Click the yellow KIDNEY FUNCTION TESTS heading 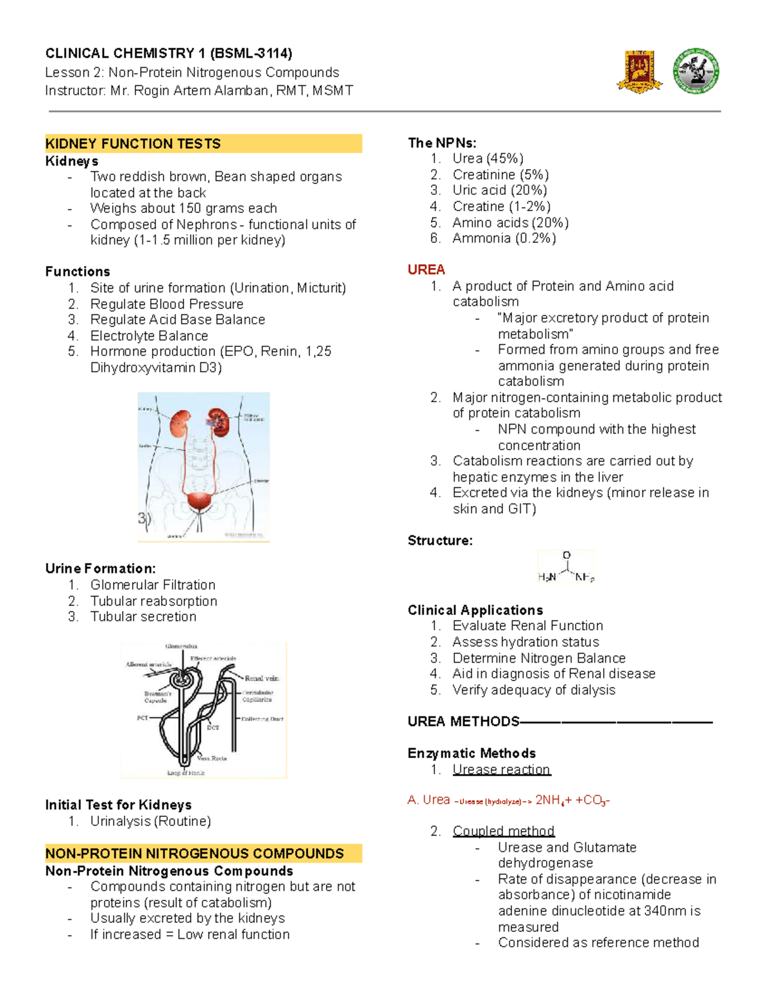click(x=133, y=144)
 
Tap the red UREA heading click(x=426, y=270)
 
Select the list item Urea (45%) click(x=488, y=158)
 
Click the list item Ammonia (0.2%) click(x=504, y=239)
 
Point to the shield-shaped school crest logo click(x=639, y=71)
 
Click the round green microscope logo click(x=696, y=71)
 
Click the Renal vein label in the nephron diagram click(x=261, y=678)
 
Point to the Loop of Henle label click(x=185, y=773)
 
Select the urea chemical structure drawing click(x=566, y=567)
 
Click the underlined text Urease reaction click(x=501, y=770)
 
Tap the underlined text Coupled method click(x=503, y=831)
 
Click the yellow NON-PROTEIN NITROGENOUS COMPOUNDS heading click(x=194, y=854)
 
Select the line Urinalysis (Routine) click(x=150, y=822)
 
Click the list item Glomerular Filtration click(x=153, y=585)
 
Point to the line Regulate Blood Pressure click(x=167, y=304)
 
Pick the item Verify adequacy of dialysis click(x=534, y=690)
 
